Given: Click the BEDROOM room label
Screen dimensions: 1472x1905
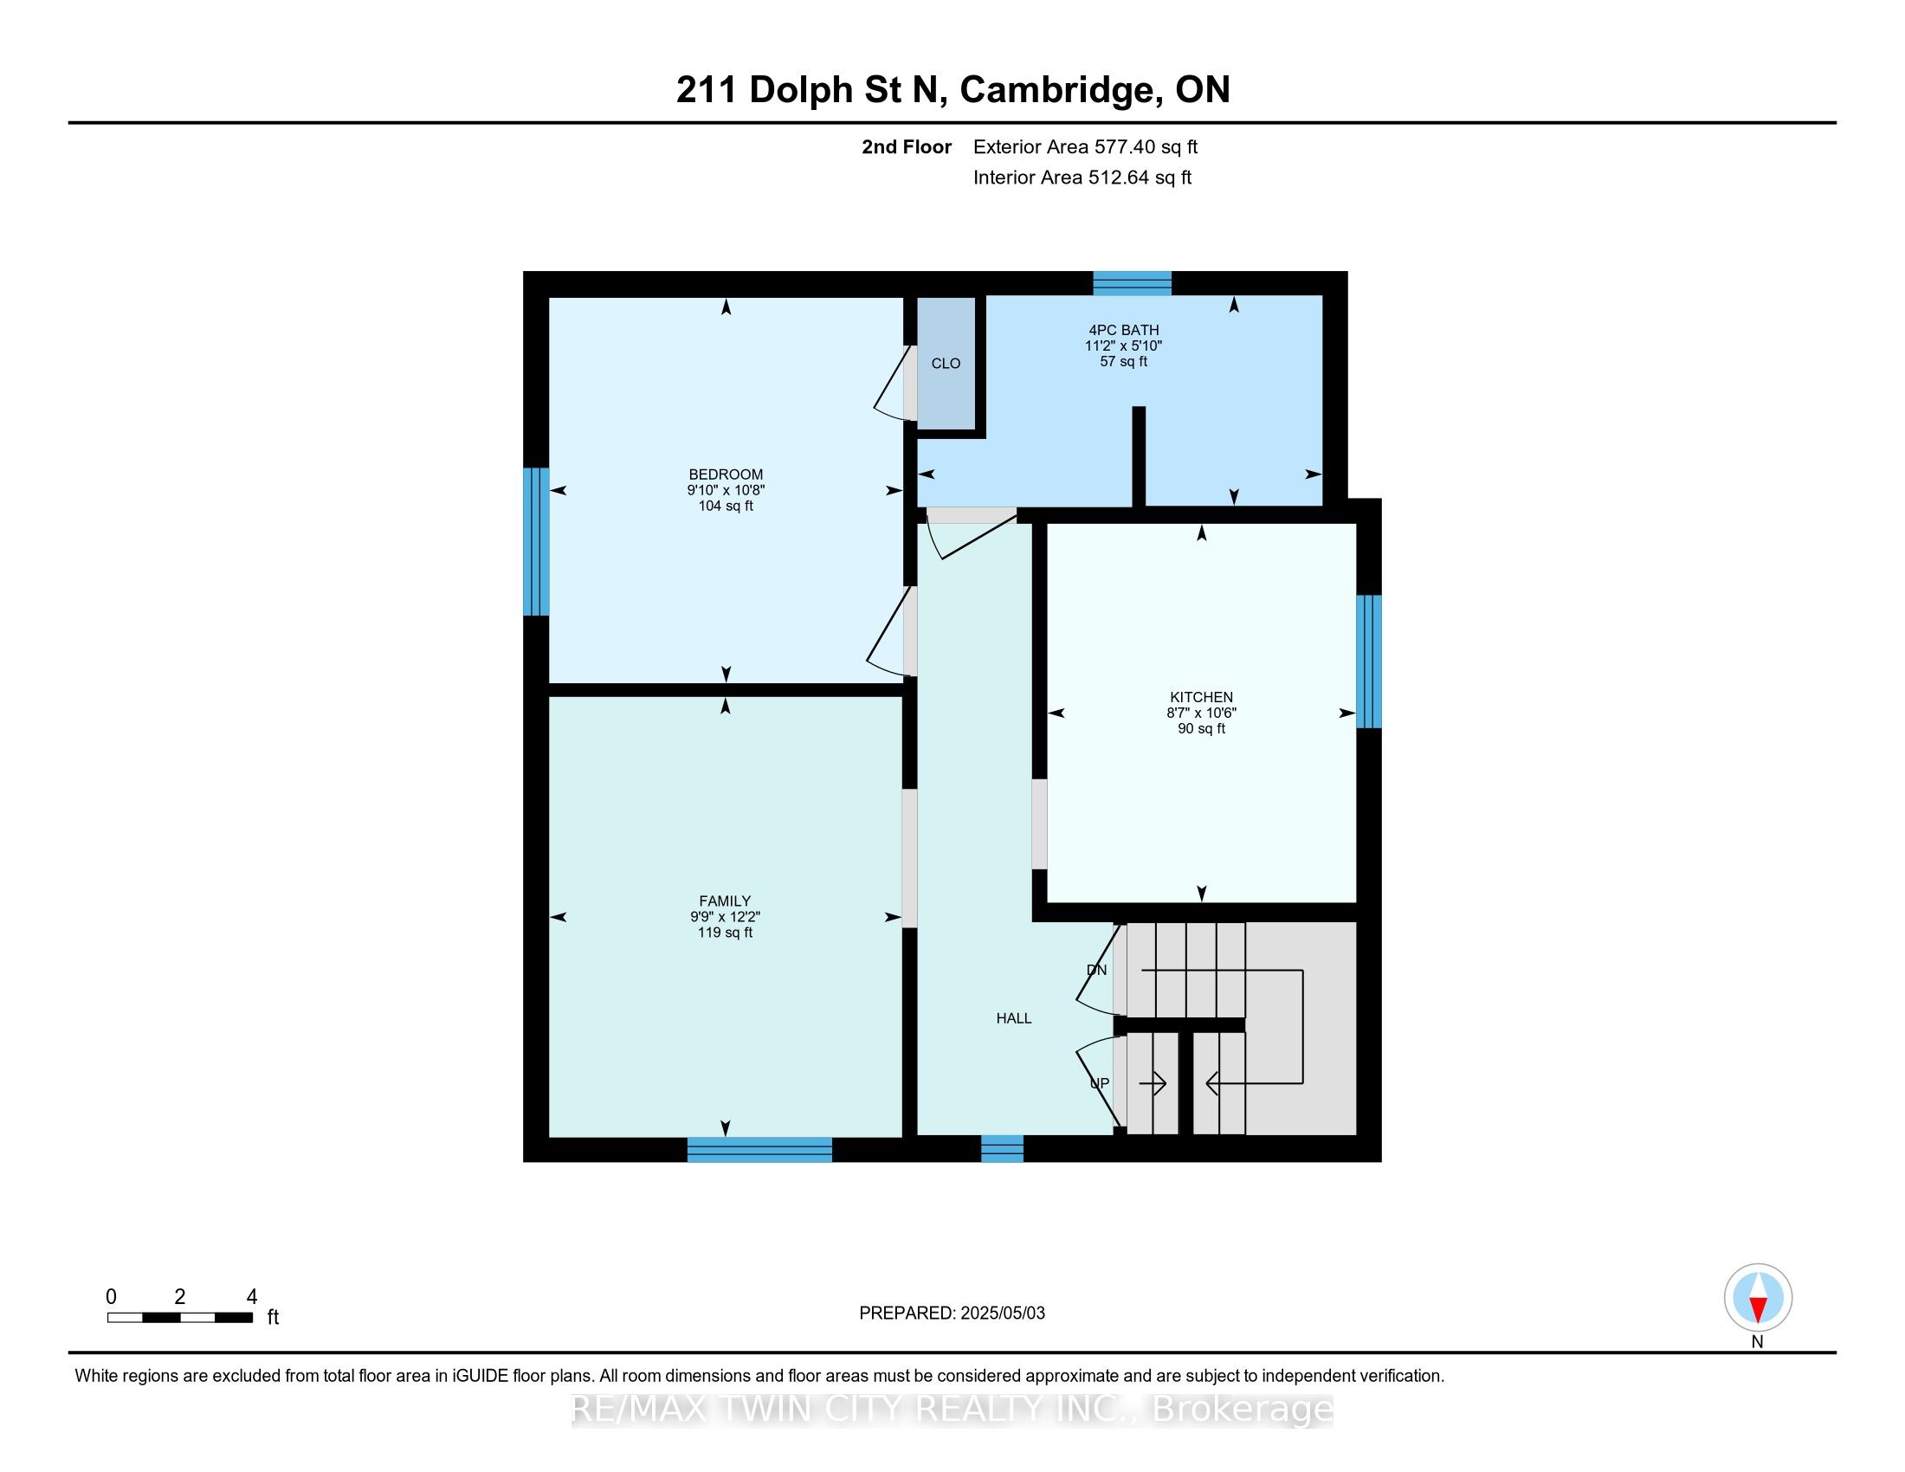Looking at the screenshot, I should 726,475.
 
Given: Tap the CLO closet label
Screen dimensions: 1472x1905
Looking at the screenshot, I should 946,364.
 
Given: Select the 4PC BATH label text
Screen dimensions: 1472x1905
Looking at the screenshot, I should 1123,330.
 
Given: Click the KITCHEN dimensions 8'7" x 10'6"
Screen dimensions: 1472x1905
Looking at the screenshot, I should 1201,713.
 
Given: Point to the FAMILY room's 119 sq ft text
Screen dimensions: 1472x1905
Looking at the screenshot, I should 725,933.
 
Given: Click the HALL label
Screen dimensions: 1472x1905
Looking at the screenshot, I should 1014,1017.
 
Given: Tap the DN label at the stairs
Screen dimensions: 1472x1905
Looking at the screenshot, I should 1096,970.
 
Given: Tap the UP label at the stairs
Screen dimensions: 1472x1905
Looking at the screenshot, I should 1099,1083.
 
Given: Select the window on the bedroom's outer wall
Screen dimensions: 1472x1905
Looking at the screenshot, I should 535,541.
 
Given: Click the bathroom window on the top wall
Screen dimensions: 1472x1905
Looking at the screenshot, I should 1133,283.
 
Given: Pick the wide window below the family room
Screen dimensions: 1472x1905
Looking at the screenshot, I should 759,1149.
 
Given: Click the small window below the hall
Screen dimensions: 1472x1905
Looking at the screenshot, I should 1001,1148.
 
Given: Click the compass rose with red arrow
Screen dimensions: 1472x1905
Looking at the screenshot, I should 1758,1297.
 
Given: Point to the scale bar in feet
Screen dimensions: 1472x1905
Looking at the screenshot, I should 180,1317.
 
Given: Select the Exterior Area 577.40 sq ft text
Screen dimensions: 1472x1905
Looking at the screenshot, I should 1085,146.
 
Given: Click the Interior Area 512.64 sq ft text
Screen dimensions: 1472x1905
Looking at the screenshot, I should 1082,177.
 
